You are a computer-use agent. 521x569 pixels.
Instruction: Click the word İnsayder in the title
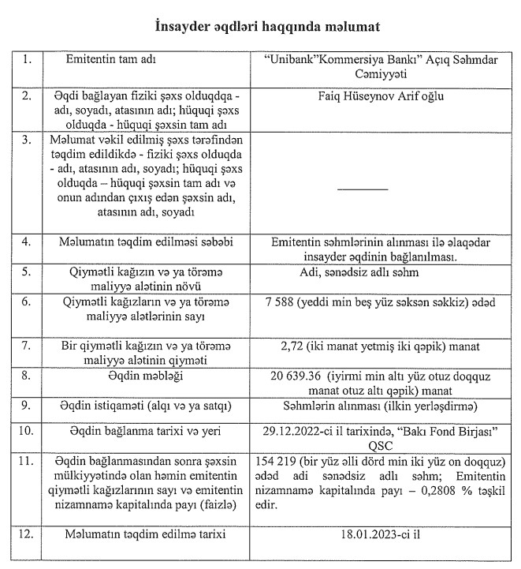pyautogui.click(x=180, y=27)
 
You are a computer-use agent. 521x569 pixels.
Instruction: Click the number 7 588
pyautogui.click(x=285, y=302)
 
